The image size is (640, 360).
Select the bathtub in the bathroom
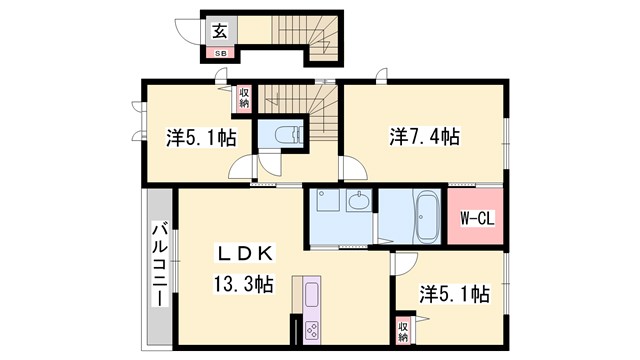tap(423, 216)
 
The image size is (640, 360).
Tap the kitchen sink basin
tap(310, 297)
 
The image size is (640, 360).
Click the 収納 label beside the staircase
tap(244, 98)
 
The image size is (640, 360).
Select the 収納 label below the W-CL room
tap(403, 330)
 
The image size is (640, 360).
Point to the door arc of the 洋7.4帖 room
tap(351, 170)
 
